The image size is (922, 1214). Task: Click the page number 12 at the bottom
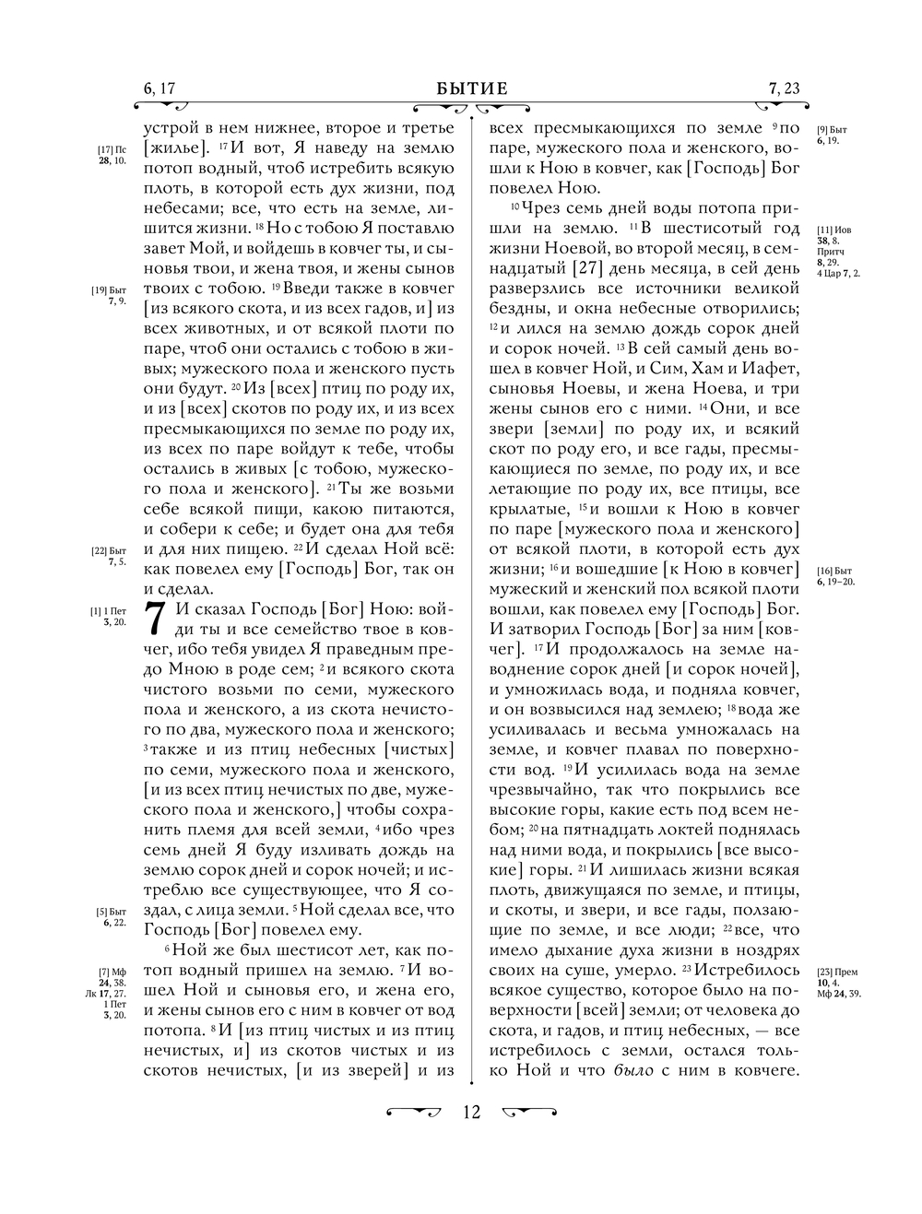[x=471, y=1112]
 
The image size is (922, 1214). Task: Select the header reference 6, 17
[x=160, y=88]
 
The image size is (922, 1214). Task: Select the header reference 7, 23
[x=784, y=88]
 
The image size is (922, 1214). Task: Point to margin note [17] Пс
[x=112, y=154]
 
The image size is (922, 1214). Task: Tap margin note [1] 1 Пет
[x=112, y=616]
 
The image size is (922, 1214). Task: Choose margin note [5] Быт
[x=112, y=916]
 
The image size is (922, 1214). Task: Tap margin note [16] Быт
[x=835, y=576]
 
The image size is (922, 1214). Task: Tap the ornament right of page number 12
[x=530, y=1111]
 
